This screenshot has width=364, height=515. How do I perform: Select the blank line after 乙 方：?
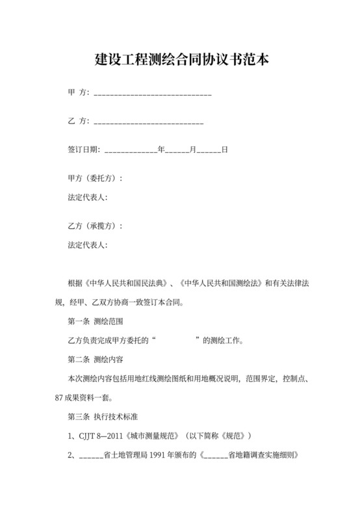click(x=149, y=122)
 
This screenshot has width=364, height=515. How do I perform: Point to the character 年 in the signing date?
click(x=161, y=150)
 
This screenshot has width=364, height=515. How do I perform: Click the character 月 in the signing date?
click(x=192, y=150)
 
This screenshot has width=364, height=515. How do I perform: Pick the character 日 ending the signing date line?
click(x=224, y=150)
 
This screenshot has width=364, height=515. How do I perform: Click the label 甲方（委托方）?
click(x=95, y=178)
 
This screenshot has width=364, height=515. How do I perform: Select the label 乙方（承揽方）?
click(x=95, y=226)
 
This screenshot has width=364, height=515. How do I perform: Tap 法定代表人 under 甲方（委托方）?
click(x=87, y=197)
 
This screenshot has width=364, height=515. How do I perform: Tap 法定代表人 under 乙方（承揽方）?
click(x=87, y=245)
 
